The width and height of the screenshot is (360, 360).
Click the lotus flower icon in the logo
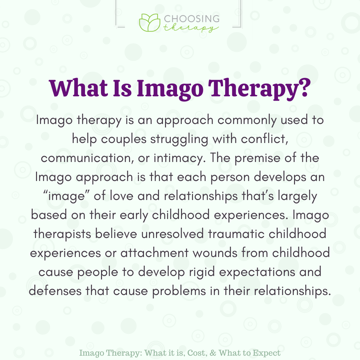149,23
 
